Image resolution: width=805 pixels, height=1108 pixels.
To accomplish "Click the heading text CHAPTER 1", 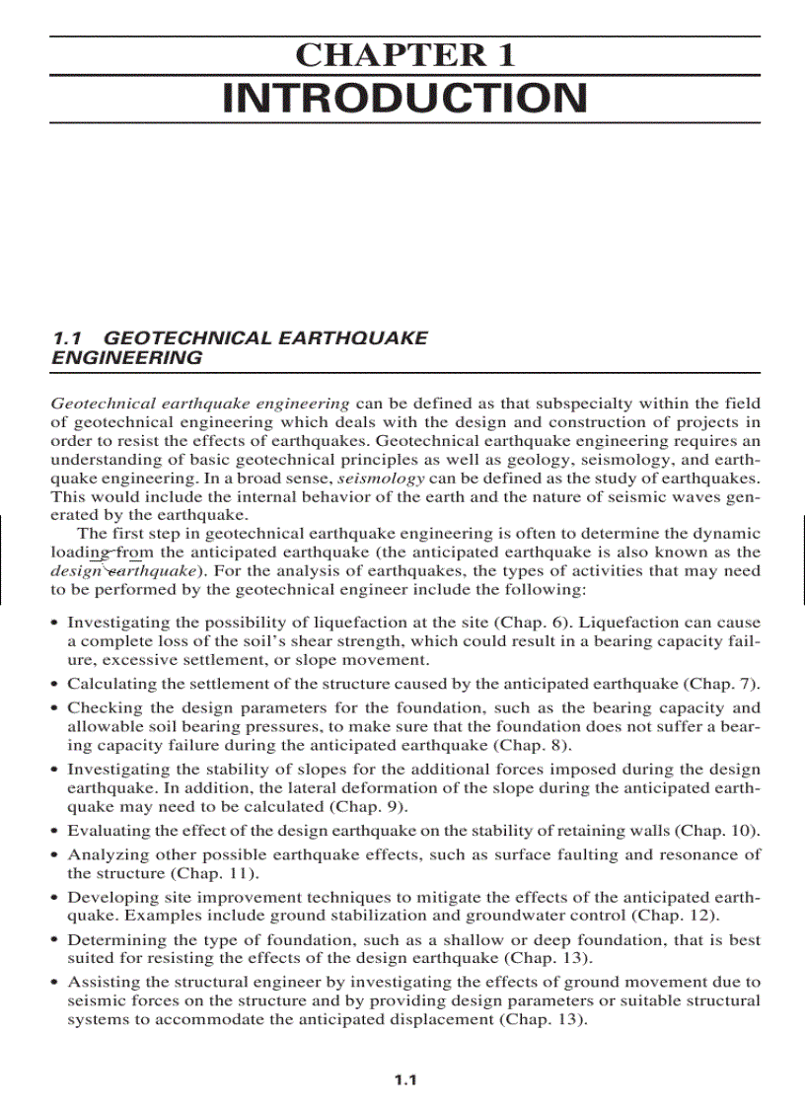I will [404, 55].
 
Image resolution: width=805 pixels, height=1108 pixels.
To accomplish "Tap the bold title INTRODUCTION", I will [404, 99].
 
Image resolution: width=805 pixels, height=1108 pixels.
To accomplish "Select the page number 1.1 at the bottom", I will [405, 1080].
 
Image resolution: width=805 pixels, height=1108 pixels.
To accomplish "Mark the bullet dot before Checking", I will [54, 708].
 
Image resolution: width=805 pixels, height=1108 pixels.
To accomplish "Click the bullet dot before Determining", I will [54, 940].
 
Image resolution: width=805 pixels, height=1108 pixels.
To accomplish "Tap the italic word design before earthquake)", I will [75, 570].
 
